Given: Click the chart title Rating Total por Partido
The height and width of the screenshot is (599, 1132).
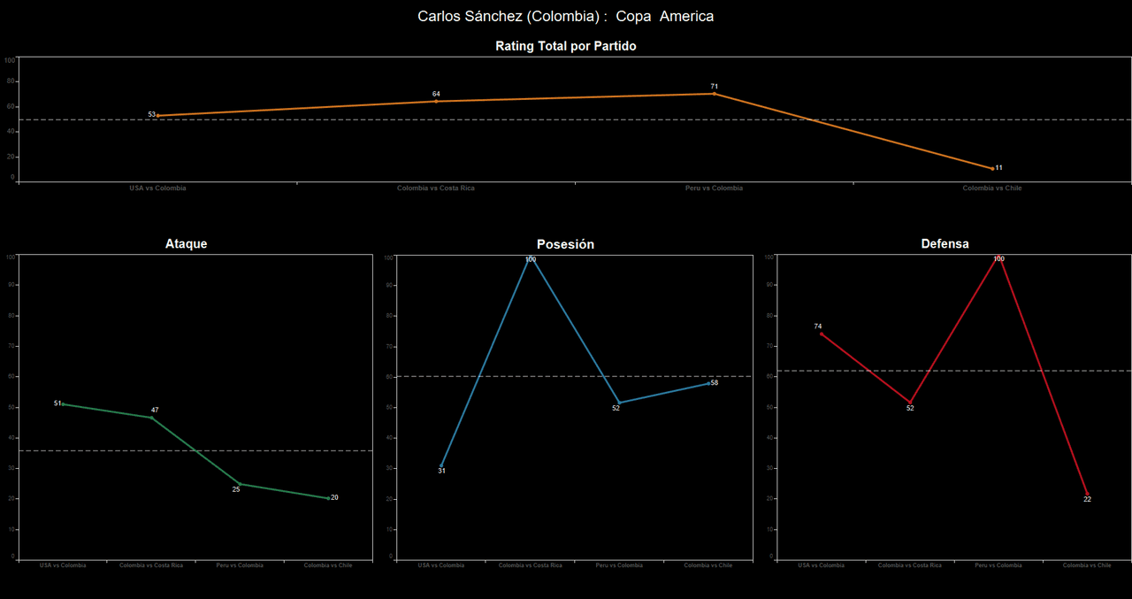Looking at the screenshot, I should point(565,46).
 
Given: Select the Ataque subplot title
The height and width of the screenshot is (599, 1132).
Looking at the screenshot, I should point(186,243).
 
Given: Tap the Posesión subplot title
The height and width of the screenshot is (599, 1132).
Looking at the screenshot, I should point(565,244).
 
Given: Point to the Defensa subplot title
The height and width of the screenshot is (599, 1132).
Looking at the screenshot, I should point(945,243).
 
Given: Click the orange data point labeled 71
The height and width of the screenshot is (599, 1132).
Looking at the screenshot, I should point(714,93).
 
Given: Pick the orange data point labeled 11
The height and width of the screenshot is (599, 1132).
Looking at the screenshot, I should point(992,168).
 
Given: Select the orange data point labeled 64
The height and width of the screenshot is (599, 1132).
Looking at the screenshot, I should point(436,101).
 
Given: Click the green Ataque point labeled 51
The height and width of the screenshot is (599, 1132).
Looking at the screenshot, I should point(63,404).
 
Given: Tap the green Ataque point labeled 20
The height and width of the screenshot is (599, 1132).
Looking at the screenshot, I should point(328,498).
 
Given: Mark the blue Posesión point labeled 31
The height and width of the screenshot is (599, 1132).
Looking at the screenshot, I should point(441,465).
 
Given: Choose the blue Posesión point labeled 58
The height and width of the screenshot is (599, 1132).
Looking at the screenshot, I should point(707,383).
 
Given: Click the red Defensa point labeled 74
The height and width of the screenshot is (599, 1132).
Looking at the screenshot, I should point(822,334).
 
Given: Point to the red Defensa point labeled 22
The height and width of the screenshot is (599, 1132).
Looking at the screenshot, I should point(1087,494).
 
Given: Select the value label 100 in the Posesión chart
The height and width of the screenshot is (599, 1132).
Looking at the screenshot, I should point(531,259).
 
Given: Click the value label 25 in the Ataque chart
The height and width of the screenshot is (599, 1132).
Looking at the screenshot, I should point(236,489).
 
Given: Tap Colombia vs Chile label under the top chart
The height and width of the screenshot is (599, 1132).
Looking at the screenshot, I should point(992,188).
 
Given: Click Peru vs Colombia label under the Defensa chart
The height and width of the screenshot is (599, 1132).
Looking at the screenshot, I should point(998,565).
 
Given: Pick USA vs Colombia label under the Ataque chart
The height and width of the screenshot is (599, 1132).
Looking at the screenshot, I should point(63,565).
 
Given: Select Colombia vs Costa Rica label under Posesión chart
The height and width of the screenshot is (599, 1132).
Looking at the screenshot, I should point(531,565).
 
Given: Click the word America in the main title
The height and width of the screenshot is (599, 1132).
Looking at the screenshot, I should point(686,16).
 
